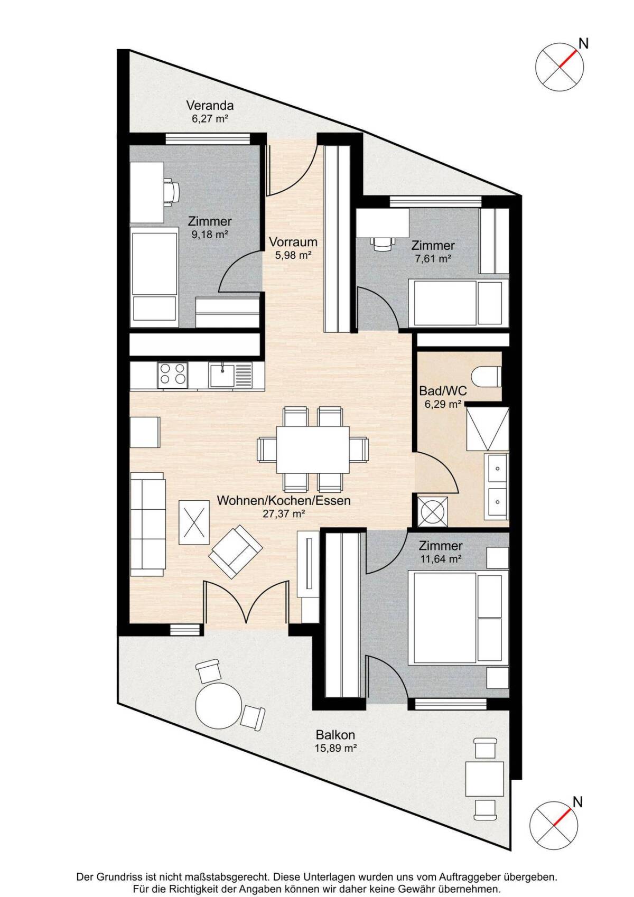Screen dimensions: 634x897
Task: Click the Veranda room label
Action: click(x=210, y=106)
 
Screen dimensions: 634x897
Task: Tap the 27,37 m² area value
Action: click(x=284, y=514)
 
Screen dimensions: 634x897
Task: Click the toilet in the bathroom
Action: click(x=486, y=377)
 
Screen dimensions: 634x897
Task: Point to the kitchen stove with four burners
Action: click(x=173, y=375)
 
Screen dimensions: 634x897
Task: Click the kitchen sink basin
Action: click(x=222, y=375)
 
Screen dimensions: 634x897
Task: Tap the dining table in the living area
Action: click(x=313, y=450)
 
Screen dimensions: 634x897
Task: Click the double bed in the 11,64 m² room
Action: click(x=458, y=618)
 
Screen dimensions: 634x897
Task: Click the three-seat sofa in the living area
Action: click(x=148, y=524)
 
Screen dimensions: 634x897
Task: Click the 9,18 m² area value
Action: click(x=210, y=235)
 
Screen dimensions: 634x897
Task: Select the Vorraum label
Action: click(x=293, y=242)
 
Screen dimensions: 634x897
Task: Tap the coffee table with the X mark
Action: click(x=194, y=522)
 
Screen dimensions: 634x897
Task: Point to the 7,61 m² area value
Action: click(x=433, y=258)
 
